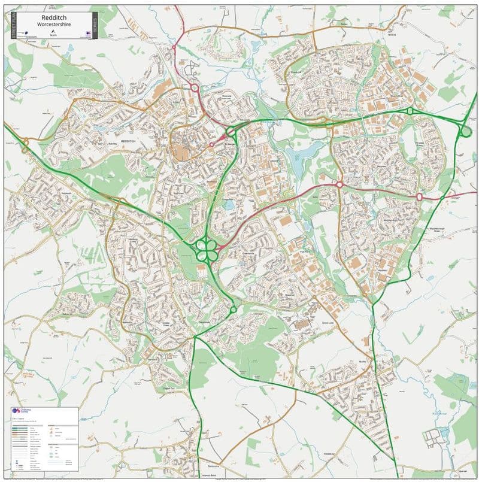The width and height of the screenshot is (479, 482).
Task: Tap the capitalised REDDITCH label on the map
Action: (130, 141)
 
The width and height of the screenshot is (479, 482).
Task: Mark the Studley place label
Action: (362, 362)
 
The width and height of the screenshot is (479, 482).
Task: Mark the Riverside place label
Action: (226, 95)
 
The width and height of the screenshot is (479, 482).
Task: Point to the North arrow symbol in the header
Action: (54, 31)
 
